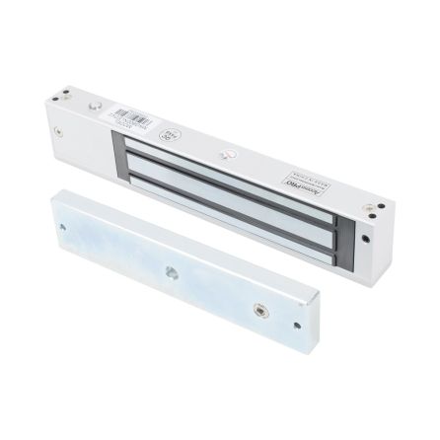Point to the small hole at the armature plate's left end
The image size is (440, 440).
point(64,226)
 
